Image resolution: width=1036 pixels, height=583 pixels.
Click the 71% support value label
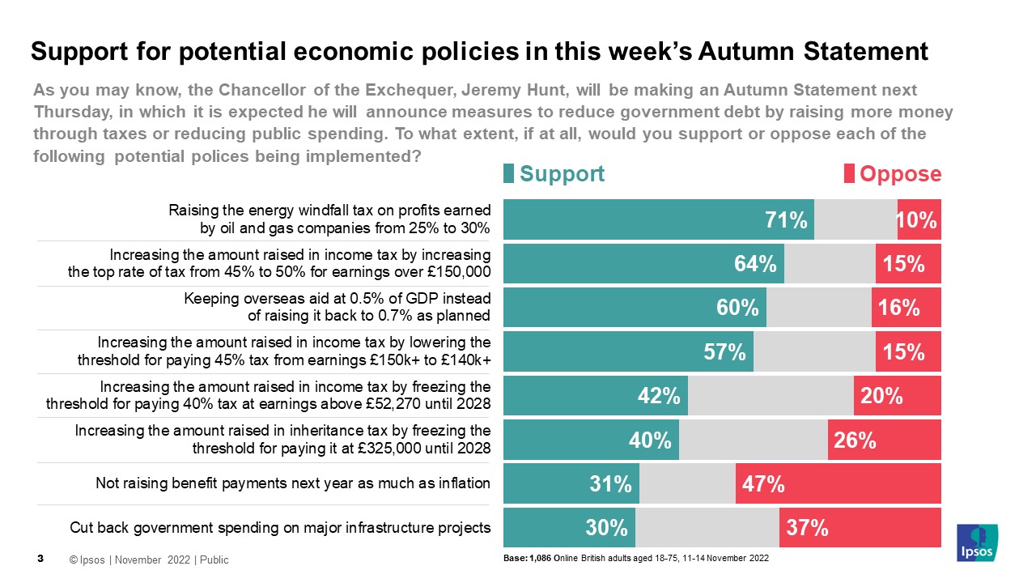[x=786, y=220]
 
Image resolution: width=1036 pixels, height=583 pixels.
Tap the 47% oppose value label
[x=763, y=484]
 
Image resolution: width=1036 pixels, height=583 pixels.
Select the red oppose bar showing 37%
[x=860, y=528]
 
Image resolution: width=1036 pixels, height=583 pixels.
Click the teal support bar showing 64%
[x=643, y=264]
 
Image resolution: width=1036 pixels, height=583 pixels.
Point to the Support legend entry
[x=554, y=174]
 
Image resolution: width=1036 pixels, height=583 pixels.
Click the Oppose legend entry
[x=893, y=174]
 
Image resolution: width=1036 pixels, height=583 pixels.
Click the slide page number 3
[x=40, y=559]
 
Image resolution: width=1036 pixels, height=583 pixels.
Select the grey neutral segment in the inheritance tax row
[x=753, y=440]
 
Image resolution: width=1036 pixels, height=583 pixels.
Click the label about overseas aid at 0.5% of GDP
[x=337, y=307]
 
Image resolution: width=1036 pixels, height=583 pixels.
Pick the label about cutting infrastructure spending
[x=280, y=528]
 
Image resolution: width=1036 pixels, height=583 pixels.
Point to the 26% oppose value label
[x=856, y=440]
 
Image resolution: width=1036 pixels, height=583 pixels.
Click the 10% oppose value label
[x=919, y=220]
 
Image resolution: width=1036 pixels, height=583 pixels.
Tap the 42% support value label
[x=658, y=396]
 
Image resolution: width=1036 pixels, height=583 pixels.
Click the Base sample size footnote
[x=635, y=559]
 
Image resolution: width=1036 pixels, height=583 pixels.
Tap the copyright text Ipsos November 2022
[x=149, y=560]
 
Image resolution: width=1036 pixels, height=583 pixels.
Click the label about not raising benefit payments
[x=293, y=483]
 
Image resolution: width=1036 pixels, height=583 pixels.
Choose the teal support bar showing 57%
[x=628, y=351]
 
